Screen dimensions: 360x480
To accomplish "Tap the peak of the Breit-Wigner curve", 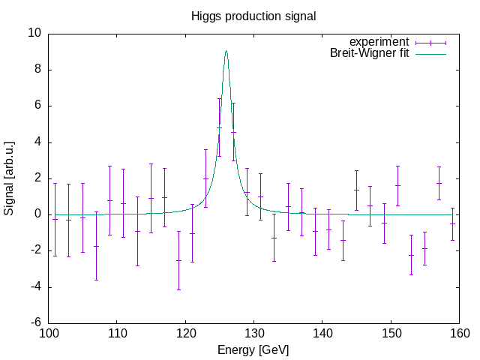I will pyautogui.click(x=226, y=51).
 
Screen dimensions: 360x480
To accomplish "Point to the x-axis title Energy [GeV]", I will pyautogui.click(x=253, y=349).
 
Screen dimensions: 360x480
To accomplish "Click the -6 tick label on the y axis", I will pyautogui.click(x=34, y=322).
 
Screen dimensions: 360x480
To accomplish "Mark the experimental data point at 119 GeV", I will pyautogui.click(x=178, y=260).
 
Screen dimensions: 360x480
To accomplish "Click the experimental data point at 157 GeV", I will pyautogui.click(x=439, y=183).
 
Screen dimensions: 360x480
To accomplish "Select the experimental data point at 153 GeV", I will pyautogui.click(x=412, y=255).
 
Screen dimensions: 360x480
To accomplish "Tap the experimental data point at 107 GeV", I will pyautogui.click(x=96, y=246).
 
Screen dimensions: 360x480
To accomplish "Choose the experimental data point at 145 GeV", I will pyautogui.click(x=357, y=190).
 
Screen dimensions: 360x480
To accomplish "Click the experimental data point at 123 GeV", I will pyautogui.click(x=206, y=178).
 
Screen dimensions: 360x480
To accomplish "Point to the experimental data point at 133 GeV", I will pyautogui.click(x=274, y=238).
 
